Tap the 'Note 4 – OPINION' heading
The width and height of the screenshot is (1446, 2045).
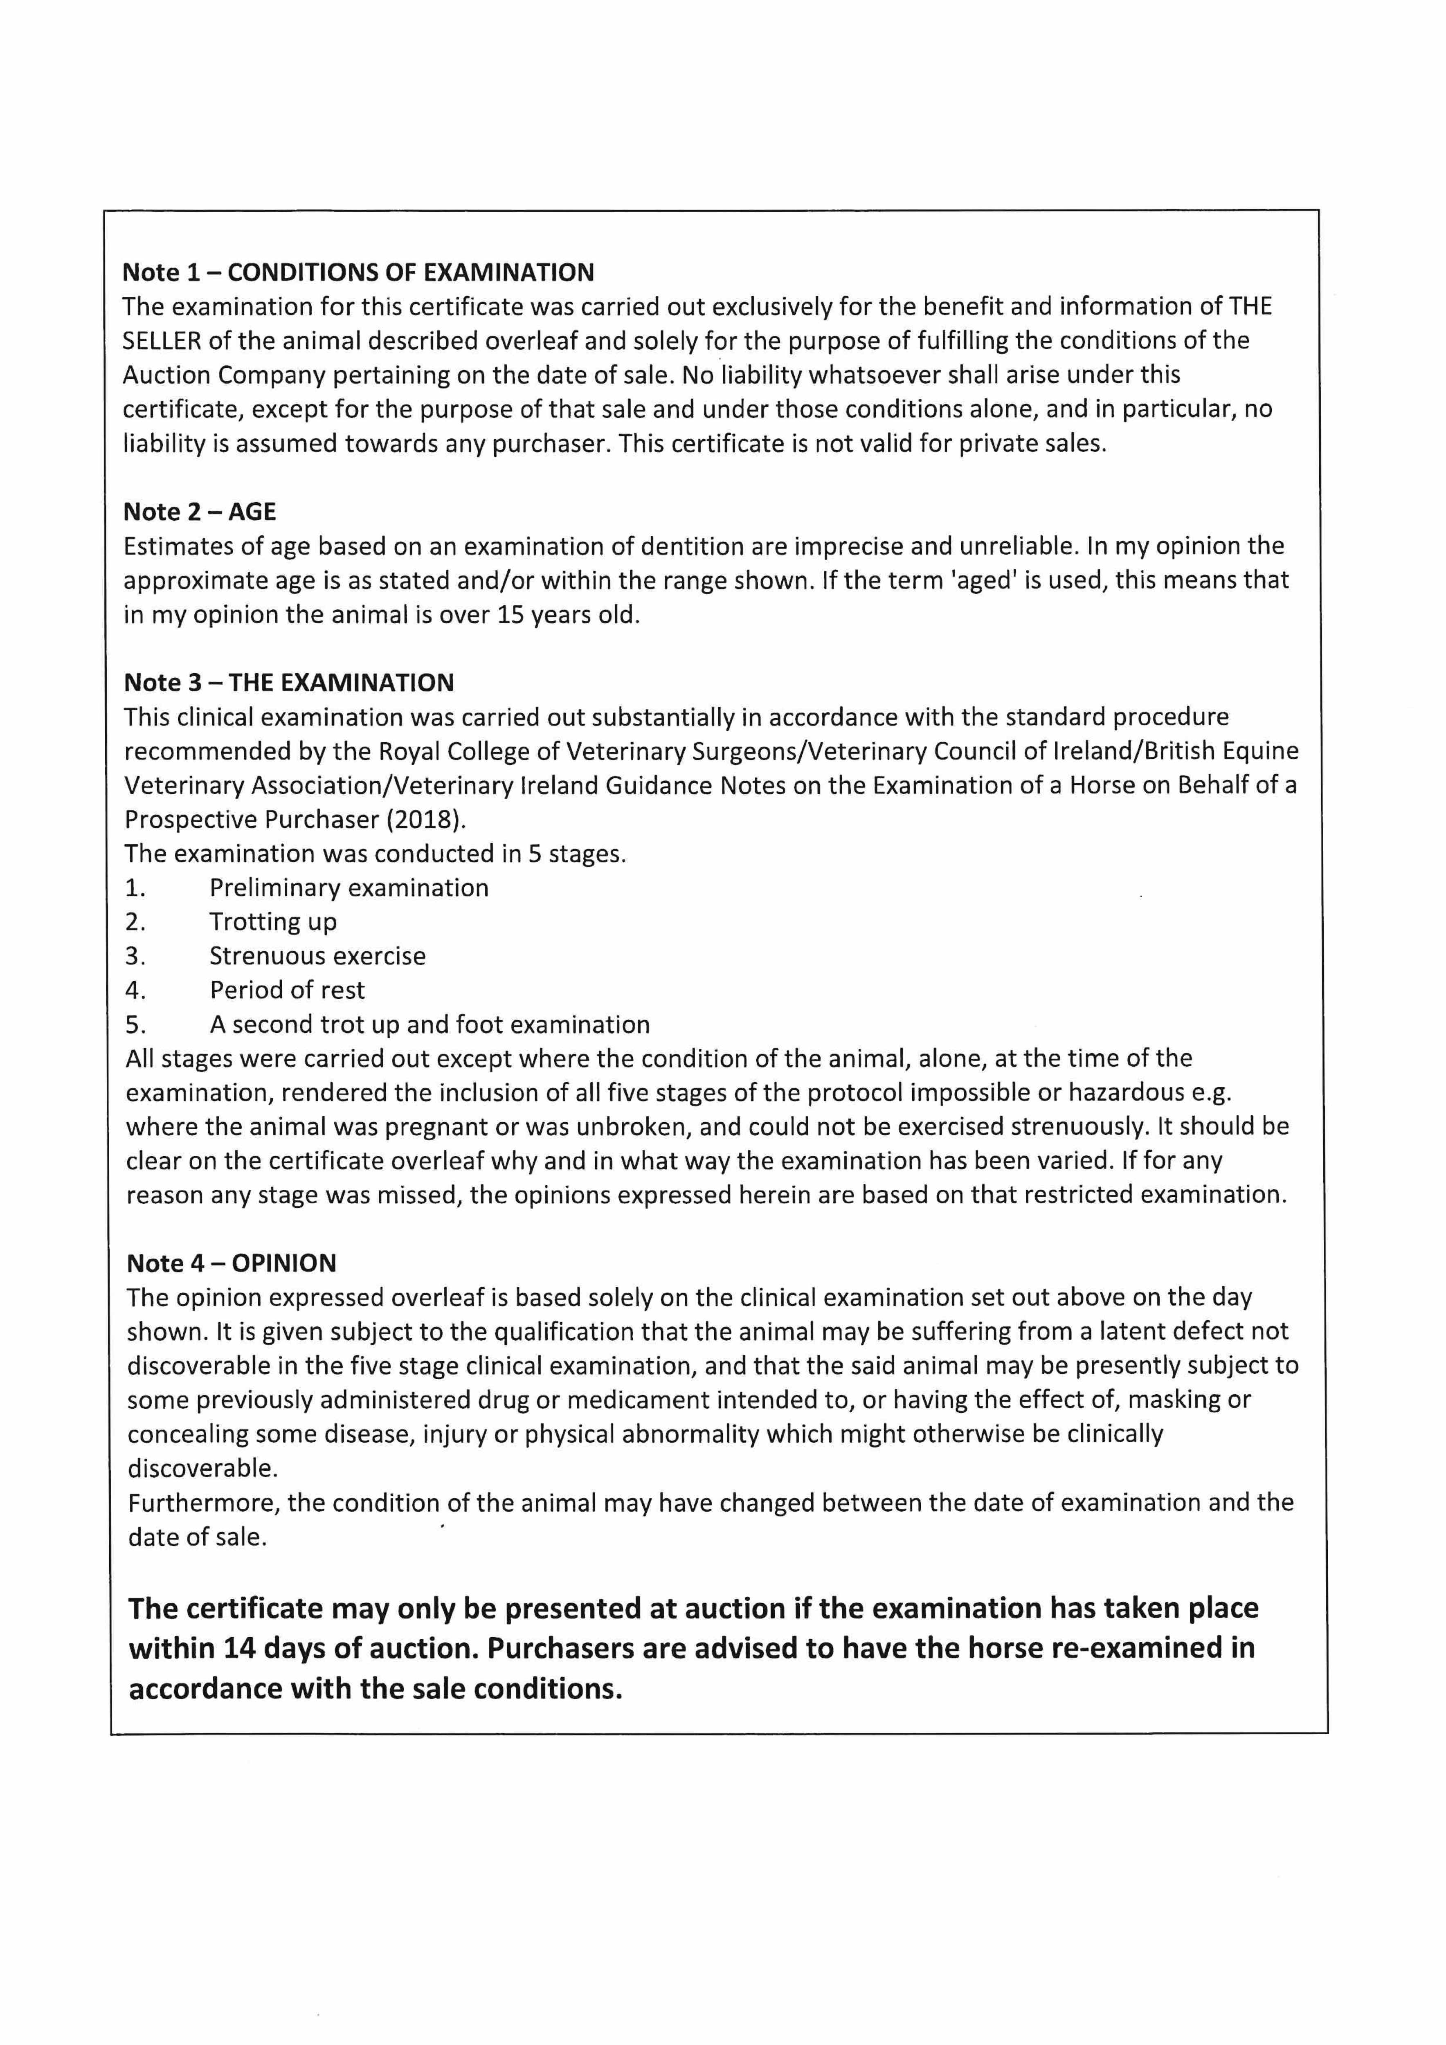pyautogui.click(x=232, y=1263)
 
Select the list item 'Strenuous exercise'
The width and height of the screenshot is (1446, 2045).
pyautogui.click(x=317, y=956)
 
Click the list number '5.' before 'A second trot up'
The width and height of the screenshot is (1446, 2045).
pyautogui.click(x=135, y=1024)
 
